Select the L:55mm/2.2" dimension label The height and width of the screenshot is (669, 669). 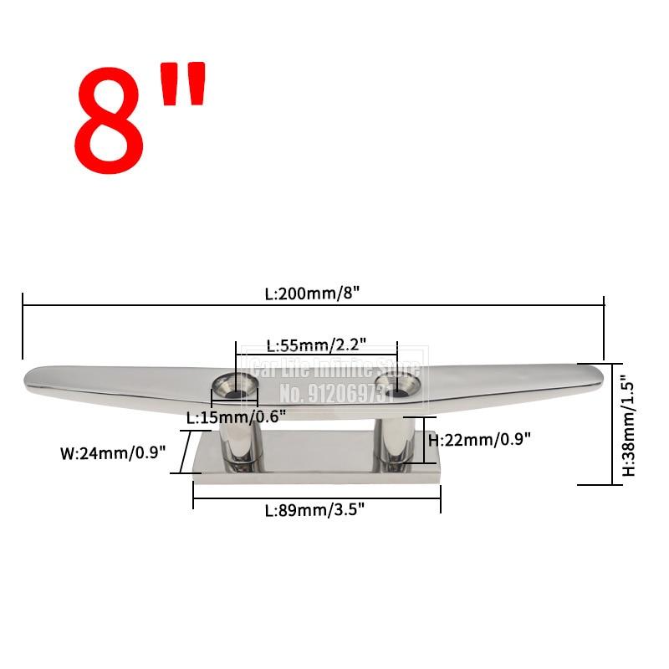[316, 345]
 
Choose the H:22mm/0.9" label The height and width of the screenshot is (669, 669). [479, 438]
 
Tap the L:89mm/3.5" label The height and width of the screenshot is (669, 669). [316, 508]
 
